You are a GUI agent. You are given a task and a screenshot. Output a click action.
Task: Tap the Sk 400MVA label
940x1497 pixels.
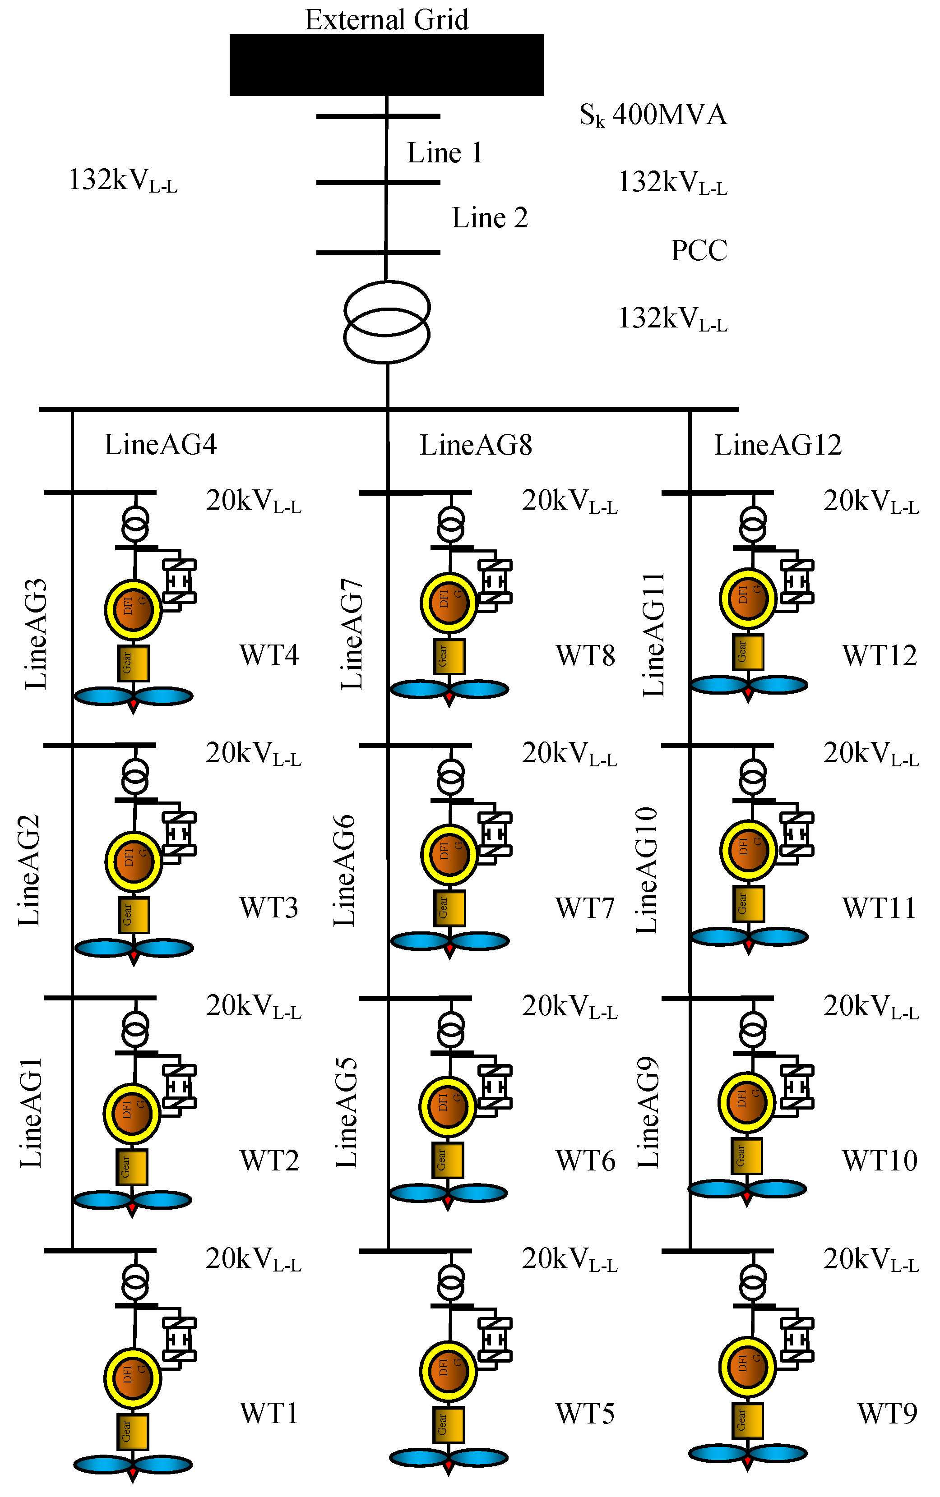[x=653, y=115]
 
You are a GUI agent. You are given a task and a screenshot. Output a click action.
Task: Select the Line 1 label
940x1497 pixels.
[x=445, y=153]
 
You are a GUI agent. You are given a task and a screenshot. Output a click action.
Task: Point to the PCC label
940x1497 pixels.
[x=699, y=250]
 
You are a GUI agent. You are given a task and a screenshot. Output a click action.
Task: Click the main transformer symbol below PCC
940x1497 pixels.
[x=387, y=321]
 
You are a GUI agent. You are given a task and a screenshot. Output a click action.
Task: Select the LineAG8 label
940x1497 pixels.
[x=476, y=445]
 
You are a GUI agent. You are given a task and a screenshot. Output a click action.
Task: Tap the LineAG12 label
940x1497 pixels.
[x=778, y=445]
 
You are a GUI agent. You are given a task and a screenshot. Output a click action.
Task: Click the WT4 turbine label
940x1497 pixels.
[x=269, y=655]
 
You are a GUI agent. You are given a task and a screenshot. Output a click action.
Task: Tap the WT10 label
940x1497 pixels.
[x=879, y=1160]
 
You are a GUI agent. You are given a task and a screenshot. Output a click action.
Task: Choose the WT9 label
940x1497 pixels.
[x=887, y=1414]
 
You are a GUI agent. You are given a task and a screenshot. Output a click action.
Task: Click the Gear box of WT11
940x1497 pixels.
[x=749, y=904]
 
